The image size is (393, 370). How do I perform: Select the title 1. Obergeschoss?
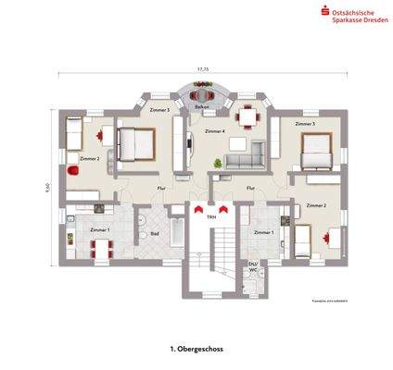click(196, 350)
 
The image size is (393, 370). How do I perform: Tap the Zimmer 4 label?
click(215, 132)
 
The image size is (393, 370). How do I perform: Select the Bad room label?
click(154, 233)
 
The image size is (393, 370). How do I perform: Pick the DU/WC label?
click(252, 265)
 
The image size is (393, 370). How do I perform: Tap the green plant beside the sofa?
click(218, 164)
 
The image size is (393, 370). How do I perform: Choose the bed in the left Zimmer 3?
click(136, 143)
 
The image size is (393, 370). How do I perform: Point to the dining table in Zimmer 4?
click(247, 117)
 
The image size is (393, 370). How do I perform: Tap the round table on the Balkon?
click(200, 93)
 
